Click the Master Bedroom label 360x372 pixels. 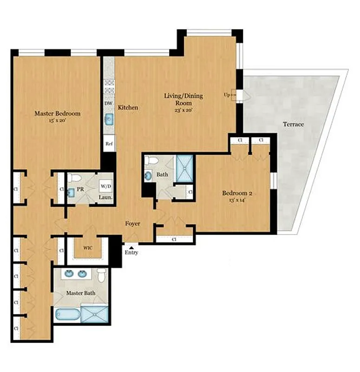(x=58, y=113)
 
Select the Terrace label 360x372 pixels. (x=293, y=124)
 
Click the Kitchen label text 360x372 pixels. (x=128, y=107)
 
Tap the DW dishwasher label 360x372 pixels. (x=108, y=103)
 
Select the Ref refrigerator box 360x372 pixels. (x=109, y=144)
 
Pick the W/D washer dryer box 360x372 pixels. (x=106, y=186)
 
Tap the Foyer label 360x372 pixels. (x=133, y=224)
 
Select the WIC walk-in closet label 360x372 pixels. (x=87, y=247)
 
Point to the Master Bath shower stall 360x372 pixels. (x=95, y=313)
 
